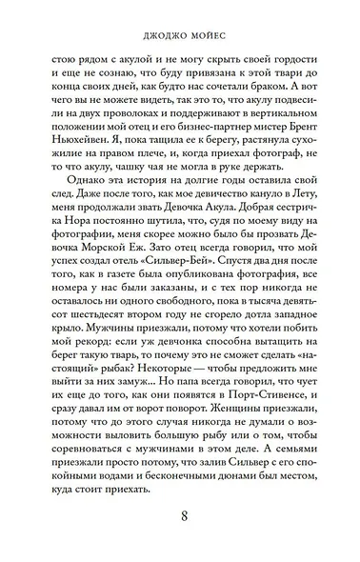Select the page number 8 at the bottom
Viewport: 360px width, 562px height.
pos(181,516)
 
